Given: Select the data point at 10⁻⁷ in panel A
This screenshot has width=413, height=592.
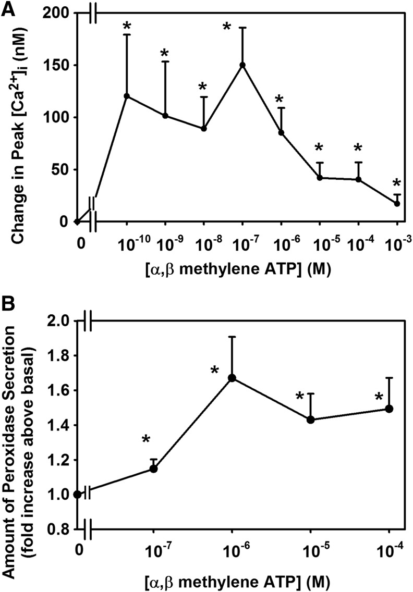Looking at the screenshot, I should click(x=242, y=65).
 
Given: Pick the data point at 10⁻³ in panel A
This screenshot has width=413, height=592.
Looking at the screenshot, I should click(x=397, y=203).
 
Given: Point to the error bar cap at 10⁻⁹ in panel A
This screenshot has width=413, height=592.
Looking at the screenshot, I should click(x=165, y=61).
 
